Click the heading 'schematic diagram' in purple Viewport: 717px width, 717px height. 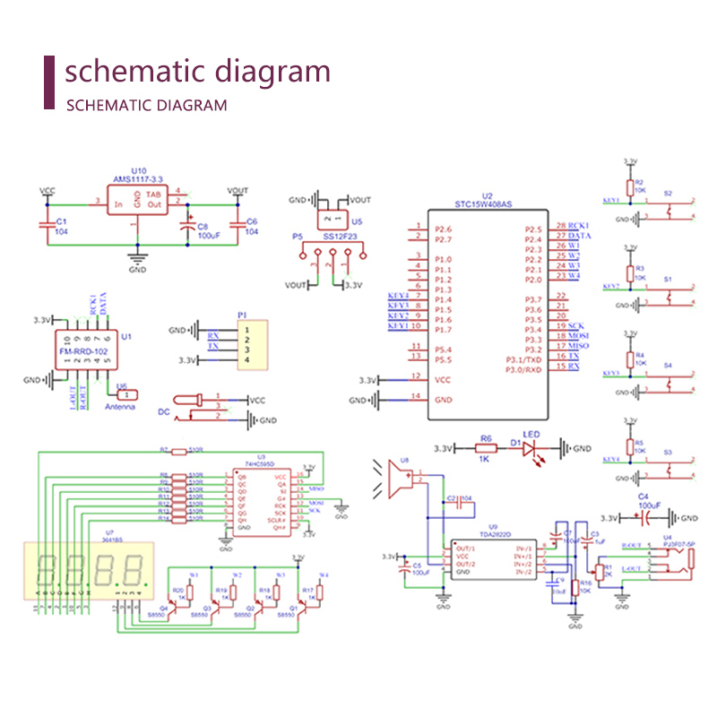pyautogui.click(x=197, y=72)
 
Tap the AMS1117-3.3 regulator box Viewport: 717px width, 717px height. pyautogui.click(x=136, y=199)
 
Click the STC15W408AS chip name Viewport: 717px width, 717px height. pyautogui.click(x=483, y=203)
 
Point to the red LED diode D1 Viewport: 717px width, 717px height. pyautogui.click(x=529, y=447)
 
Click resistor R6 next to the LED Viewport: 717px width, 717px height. pyautogui.click(x=486, y=447)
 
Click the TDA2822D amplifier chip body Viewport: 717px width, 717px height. pyautogui.click(x=492, y=559)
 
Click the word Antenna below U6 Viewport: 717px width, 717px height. pyautogui.click(x=120, y=407)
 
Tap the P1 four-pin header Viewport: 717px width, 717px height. pyautogui.click(x=251, y=342)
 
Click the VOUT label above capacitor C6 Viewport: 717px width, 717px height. pyautogui.click(x=238, y=191)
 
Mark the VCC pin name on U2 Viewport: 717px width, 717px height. pyautogui.click(x=442, y=379)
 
